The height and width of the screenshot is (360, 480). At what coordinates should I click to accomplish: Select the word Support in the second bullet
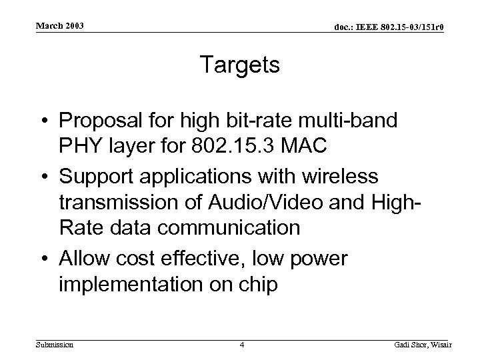pyautogui.click(x=96, y=177)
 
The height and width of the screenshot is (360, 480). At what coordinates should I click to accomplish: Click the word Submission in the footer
pyautogui.click(x=55, y=345)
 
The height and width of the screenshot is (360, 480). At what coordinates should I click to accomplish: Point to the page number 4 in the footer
pyautogui.click(x=243, y=345)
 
